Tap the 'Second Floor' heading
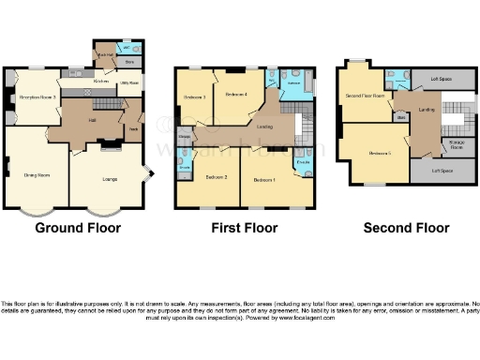click(x=406, y=228)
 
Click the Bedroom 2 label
click(x=217, y=176)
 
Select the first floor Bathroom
click(x=293, y=84)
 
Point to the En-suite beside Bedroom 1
click(x=304, y=162)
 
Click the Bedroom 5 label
click(x=379, y=153)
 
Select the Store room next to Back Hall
click(x=129, y=63)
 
